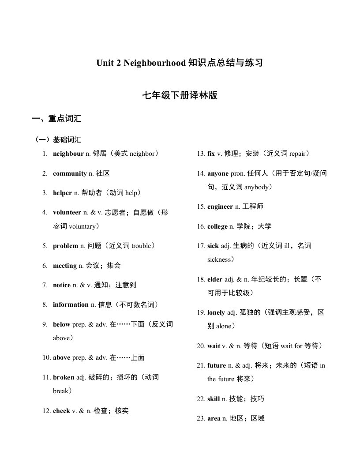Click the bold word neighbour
[x=68, y=154]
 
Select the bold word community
[x=70, y=173]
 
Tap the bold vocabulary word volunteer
[x=67, y=212]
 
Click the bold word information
[x=71, y=304]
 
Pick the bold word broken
[x=64, y=377]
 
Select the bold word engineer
[x=220, y=207]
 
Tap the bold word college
[x=217, y=226]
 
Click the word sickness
[x=221, y=259]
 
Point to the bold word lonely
[x=216, y=312]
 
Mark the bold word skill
[x=214, y=399]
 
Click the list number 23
[x=201, y=418]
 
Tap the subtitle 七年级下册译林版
[x=180, y=95]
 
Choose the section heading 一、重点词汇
[x=56, y=119]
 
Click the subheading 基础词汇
[x=67, y=140]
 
